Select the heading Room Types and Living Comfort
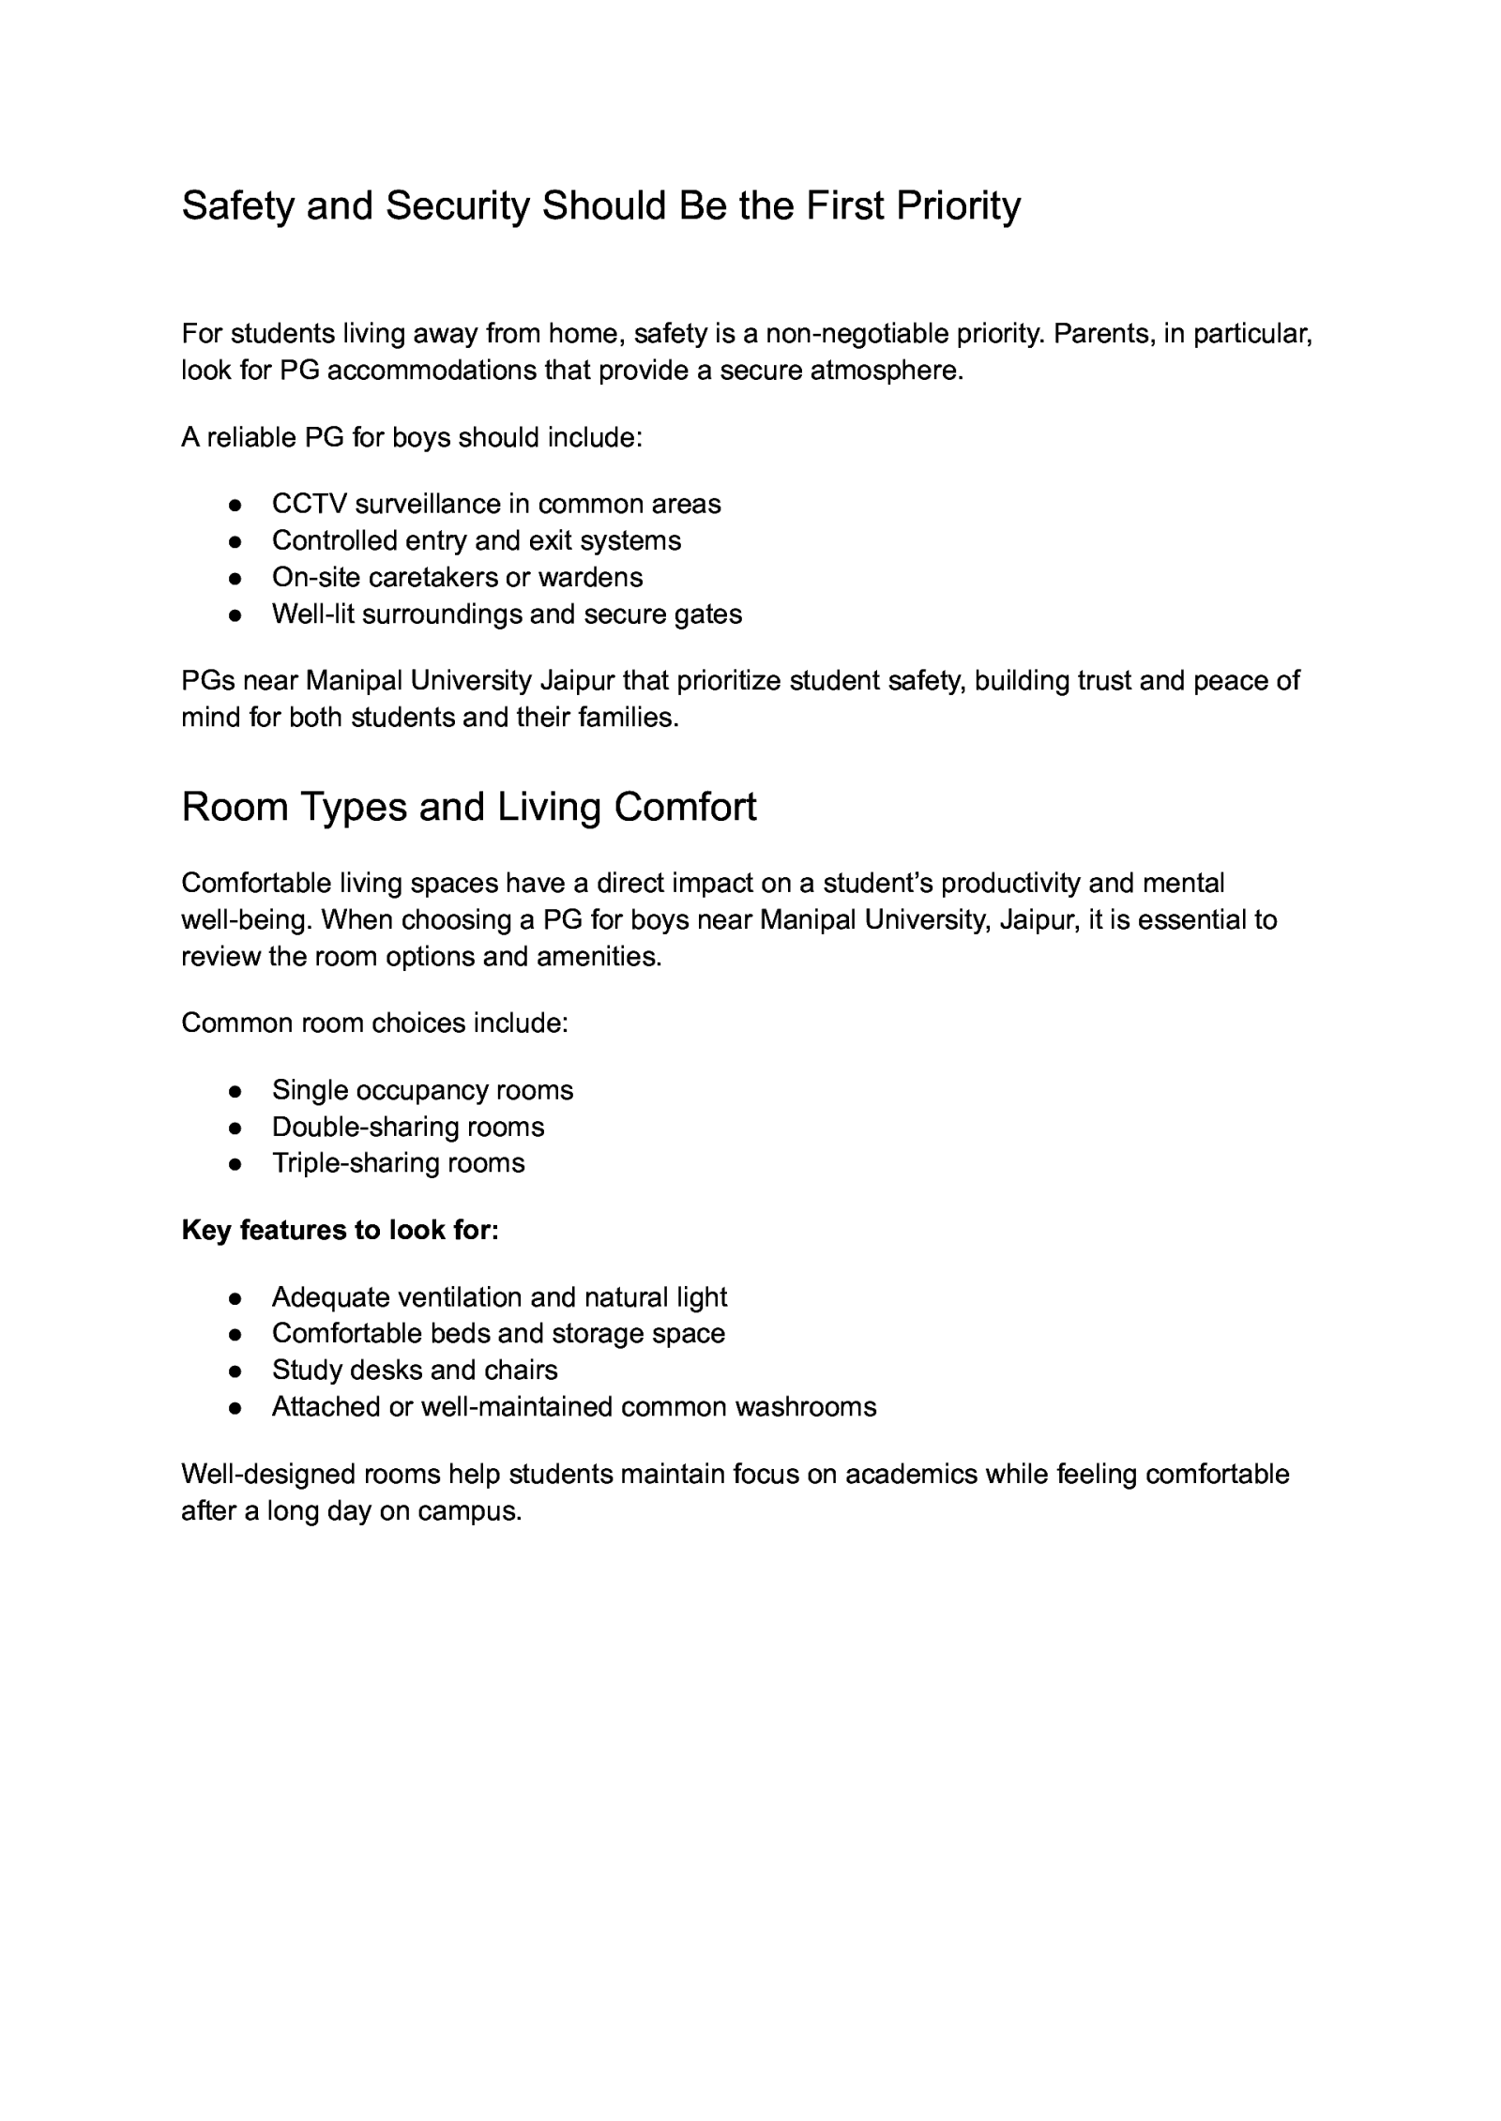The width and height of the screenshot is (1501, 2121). tap(468, 808)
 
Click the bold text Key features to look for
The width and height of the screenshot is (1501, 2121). tap(340, 1230)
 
